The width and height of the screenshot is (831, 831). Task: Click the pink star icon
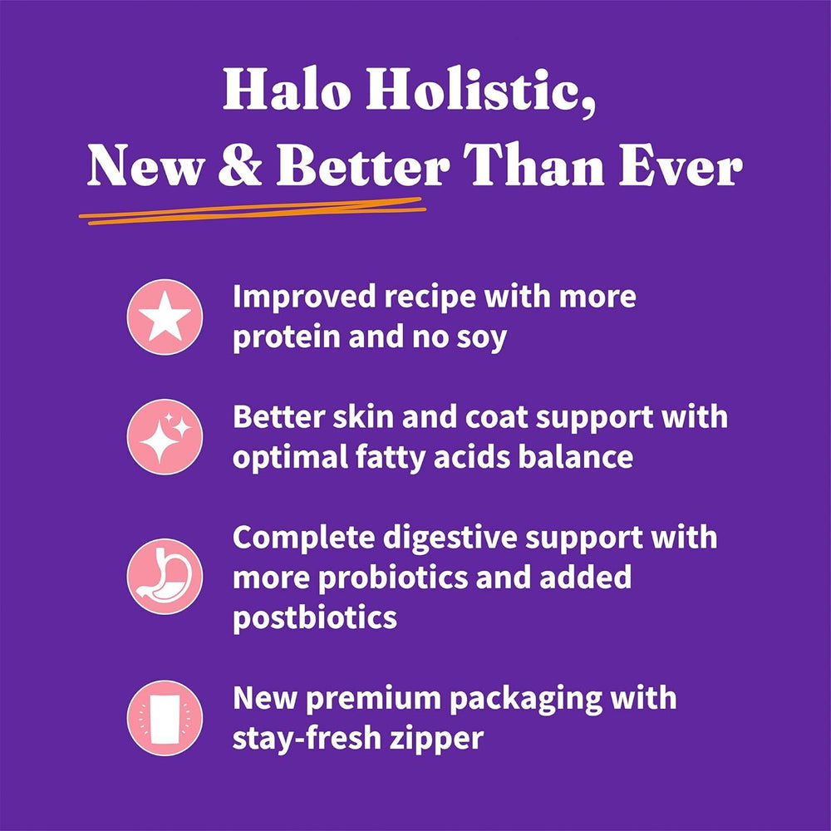(165, 317)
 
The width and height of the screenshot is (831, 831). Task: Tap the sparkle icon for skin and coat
(165, 436)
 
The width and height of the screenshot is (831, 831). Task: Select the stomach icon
(165, 576)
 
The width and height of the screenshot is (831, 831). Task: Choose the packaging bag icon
(165, 717)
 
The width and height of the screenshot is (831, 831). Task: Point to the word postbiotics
(314, 617)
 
